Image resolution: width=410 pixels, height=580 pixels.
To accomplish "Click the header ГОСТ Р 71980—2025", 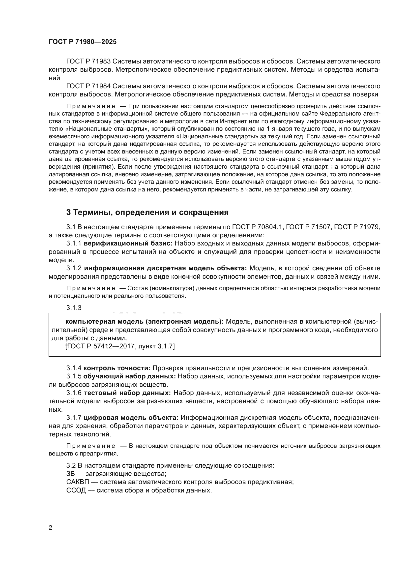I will coord(83,42).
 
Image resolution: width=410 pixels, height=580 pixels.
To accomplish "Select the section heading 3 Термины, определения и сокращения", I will coord(147,213).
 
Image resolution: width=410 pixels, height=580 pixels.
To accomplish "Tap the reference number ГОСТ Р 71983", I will coord(88,61).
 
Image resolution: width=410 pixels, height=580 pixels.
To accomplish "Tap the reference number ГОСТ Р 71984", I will coord(88,86).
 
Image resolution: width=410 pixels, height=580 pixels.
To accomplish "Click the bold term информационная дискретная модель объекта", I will coord(165,268).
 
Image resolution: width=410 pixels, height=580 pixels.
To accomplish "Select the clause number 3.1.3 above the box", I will coord(74,308).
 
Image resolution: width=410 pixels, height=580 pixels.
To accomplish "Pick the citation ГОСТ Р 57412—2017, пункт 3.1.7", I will coord(120,346).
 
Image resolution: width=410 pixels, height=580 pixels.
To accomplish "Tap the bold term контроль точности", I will coord(117,368).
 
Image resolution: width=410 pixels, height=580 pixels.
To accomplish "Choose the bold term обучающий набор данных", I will coord(130,376).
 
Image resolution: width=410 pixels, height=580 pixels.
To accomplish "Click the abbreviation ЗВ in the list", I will coord(71,474).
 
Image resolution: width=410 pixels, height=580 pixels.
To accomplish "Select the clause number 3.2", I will coord(71,465).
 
